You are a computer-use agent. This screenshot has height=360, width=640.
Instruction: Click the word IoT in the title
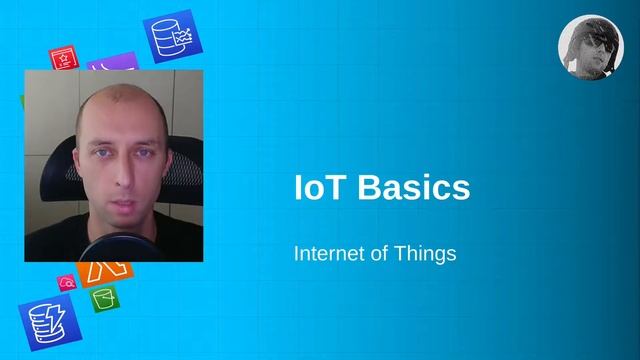317,187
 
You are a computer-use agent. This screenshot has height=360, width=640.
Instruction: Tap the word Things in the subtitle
429,253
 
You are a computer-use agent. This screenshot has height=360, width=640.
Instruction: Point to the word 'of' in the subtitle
381,253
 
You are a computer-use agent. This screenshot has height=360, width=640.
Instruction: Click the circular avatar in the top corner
590,47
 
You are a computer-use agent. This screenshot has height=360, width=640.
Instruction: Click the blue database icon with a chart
171,37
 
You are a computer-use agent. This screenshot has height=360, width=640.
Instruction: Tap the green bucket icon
105,298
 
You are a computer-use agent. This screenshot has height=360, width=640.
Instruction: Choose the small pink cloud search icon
67,283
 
